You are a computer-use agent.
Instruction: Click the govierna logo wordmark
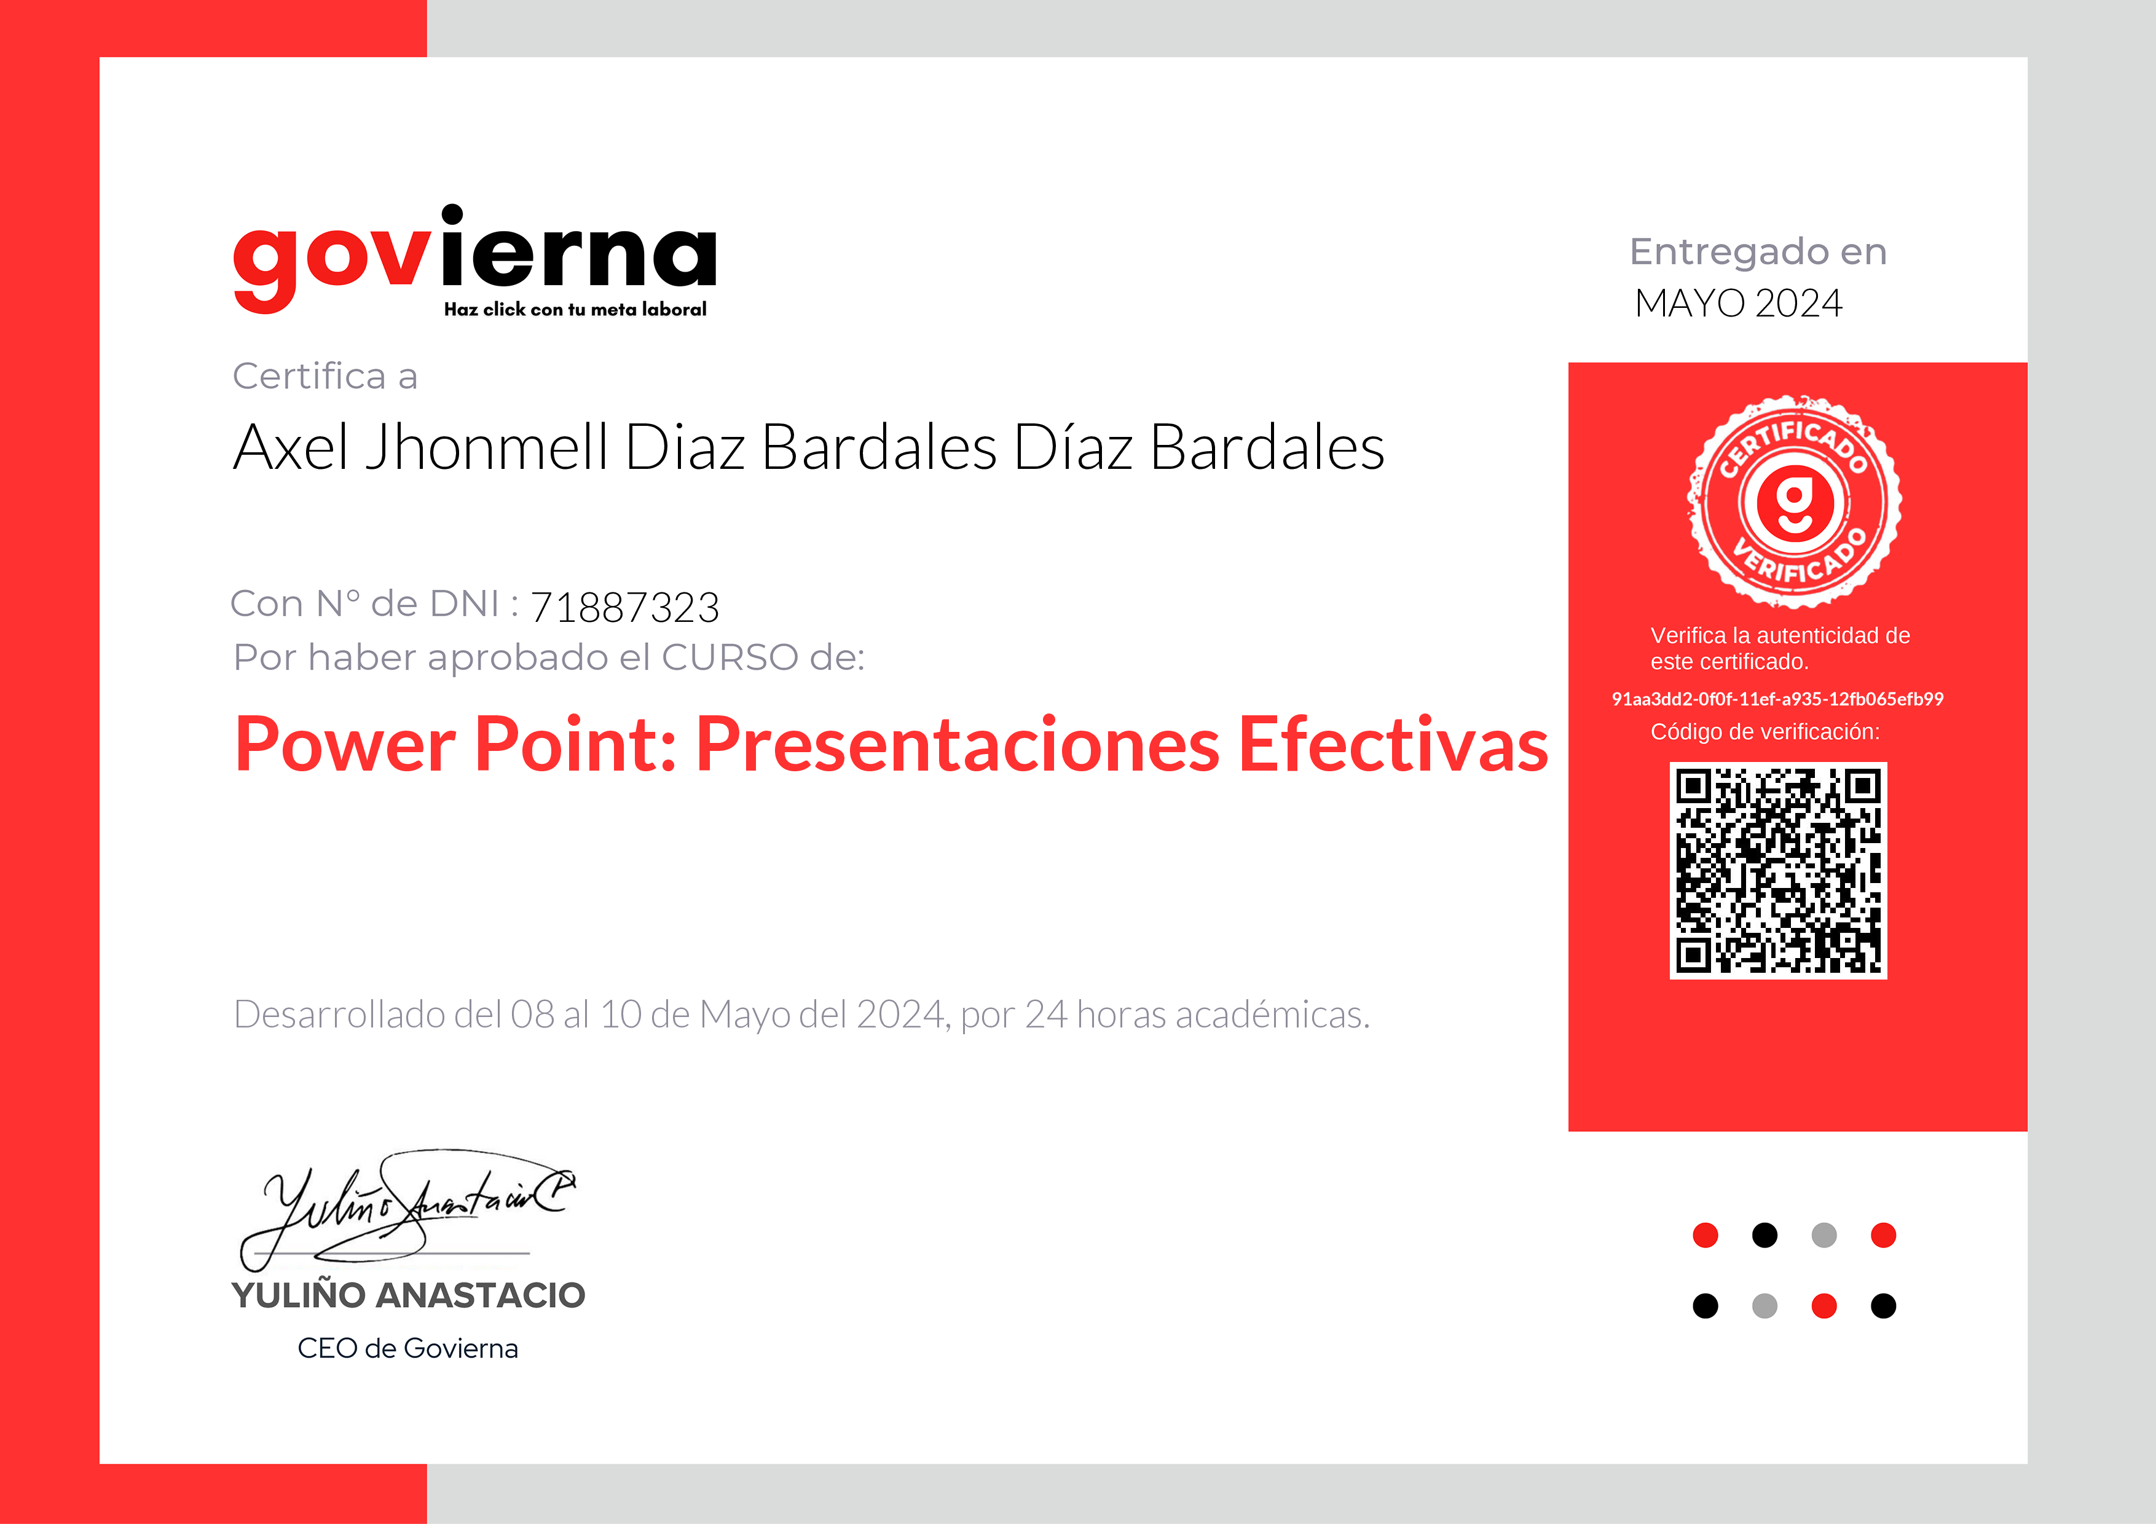click(x=474, y=256)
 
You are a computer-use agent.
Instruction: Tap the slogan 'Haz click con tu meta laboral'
click(x=575, y=310)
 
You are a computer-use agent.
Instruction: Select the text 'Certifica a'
click(x=325, y=377)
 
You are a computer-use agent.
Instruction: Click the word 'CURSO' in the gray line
click(x=730, y=658)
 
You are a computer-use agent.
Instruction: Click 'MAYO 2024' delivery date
click(x=1738, y=304)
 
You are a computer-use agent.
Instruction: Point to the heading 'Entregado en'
click(x=1758, y=252)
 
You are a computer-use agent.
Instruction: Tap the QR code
click(x=1777, y=870)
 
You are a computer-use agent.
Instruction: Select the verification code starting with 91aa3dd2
click(x=1777, y=699)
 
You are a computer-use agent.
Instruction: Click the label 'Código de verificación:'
click(x=1765, y=731)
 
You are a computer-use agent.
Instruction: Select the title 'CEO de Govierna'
click(x=407, y=1348)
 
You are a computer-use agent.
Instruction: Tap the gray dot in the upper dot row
click(x=1824, y=1235)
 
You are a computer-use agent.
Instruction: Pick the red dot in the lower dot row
click(x=1824, y=1306)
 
